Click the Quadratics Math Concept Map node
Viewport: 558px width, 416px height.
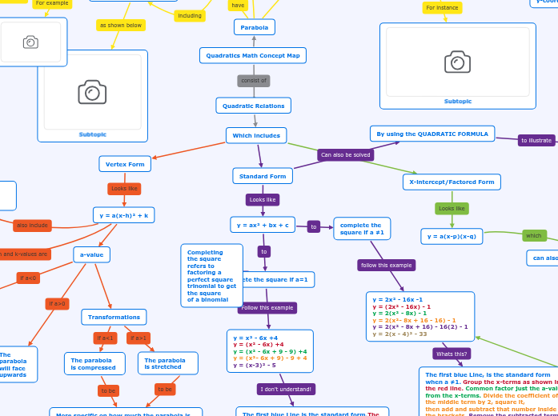[253, 55]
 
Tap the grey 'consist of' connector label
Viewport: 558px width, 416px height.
[254, 81]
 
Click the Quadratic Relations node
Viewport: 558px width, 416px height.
[253, 106]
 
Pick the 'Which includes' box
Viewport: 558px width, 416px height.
[256, 135]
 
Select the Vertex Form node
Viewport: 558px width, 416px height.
[125, 164]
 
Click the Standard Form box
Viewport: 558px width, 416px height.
[263, 176]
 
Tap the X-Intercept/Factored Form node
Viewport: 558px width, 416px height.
[452, 182]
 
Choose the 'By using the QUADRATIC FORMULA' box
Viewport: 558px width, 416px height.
[432, 134]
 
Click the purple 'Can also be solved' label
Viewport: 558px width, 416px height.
[345, 154]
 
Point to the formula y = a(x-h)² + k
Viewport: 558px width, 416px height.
[124, 215]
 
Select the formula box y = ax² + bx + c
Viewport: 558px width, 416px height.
[263, 225]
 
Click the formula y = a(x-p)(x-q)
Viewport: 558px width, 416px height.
[452, 236]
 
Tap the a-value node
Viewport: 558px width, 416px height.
[92, 254]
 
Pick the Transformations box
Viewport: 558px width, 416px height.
[114, 317]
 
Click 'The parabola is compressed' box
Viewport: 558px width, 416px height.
[94, 363]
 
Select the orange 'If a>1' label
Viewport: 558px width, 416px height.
[138, 338]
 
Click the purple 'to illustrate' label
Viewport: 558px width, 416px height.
[536, 140]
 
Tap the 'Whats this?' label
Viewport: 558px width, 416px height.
[452, 354]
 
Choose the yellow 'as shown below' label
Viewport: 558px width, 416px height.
[121, 26]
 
